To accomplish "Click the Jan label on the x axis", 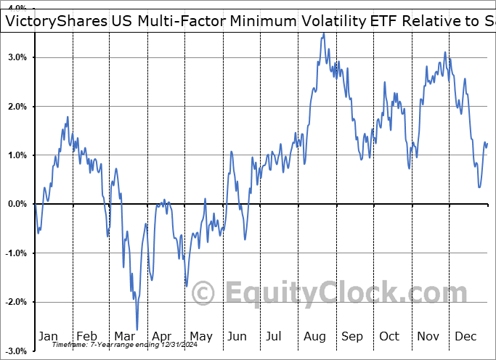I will pos(48,336).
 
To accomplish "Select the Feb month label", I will pos(86,336).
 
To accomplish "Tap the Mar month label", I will pos(124,336).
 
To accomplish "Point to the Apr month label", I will pos(162,336).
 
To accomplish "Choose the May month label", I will pos(200,336).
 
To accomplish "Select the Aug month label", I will pos(315,336).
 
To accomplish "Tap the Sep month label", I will pos(352,336).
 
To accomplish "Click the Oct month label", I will pos(390,336).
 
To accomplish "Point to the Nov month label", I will pos(428,336).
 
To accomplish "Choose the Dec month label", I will pos(465,336).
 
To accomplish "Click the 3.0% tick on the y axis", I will pos(17,57).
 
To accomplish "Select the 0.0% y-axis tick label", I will pos(17,204).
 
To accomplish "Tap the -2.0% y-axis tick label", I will pos(16,302).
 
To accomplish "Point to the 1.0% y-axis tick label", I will pos(17,155).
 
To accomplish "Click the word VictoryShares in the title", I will pos(50,21).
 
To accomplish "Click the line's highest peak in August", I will pos(323,33).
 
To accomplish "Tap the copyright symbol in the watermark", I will pos(203,294).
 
